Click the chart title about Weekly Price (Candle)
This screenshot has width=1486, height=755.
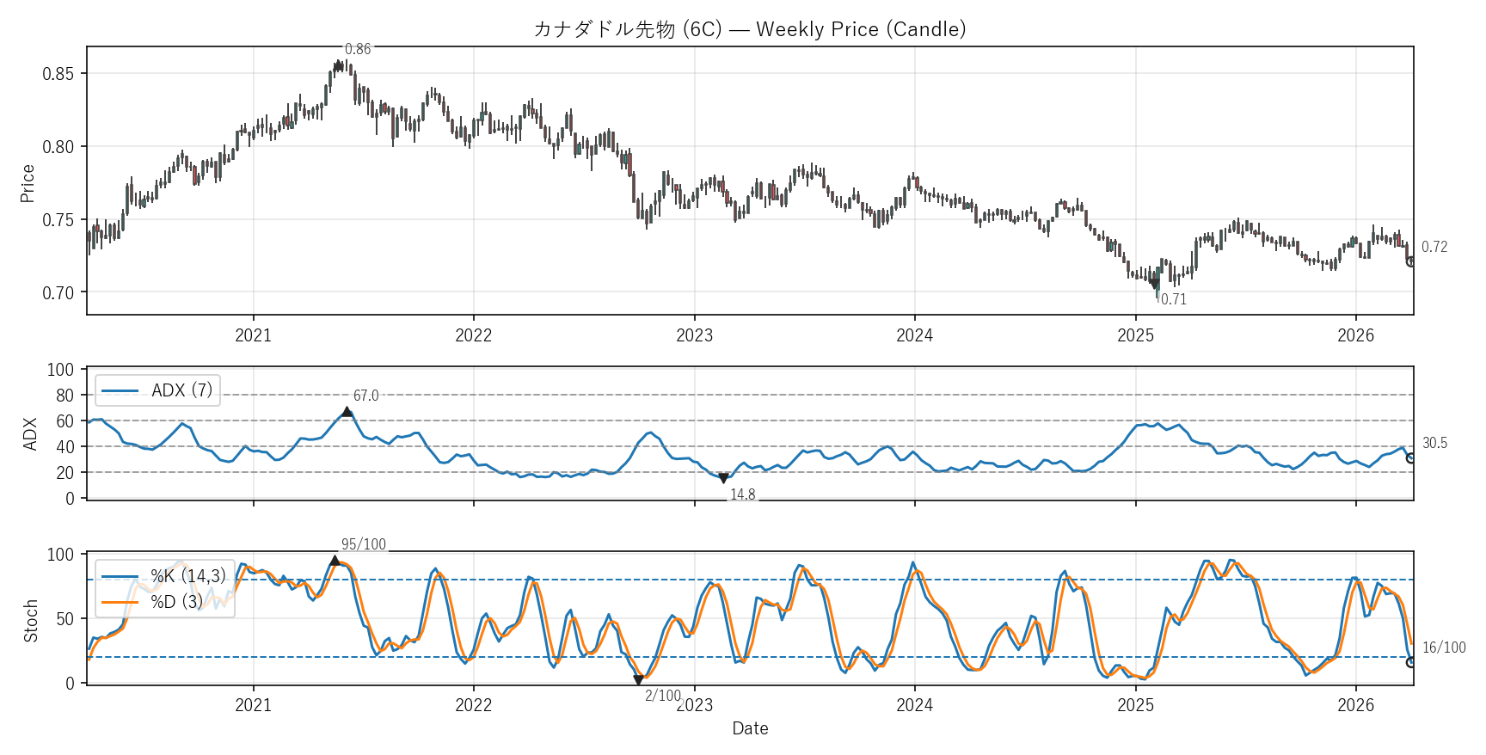(749, 29)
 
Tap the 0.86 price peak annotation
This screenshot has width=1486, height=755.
(358, 49)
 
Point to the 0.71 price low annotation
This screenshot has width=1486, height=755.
(1173, 299)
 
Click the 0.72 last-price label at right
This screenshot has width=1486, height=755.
(1434, 247)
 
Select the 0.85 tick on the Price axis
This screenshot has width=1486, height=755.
(58, 74)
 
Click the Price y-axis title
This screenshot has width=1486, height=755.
(28, 183)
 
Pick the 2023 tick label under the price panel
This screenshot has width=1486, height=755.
(694, 335)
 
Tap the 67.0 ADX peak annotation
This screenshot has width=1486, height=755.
(365, 396)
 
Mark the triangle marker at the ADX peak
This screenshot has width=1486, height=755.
(347, 412)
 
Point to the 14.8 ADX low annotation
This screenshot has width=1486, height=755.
(742, 494)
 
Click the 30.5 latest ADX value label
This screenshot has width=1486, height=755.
(1434, 443)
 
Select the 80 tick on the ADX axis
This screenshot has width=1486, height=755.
(64, 396)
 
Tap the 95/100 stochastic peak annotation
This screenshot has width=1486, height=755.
(363, 544)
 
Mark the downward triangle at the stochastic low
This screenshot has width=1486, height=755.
(638, 680)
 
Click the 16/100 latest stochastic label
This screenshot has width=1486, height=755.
(1443, 648)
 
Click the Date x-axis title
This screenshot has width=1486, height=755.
(750, 728)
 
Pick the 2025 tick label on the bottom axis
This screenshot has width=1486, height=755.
(1135, 705)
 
